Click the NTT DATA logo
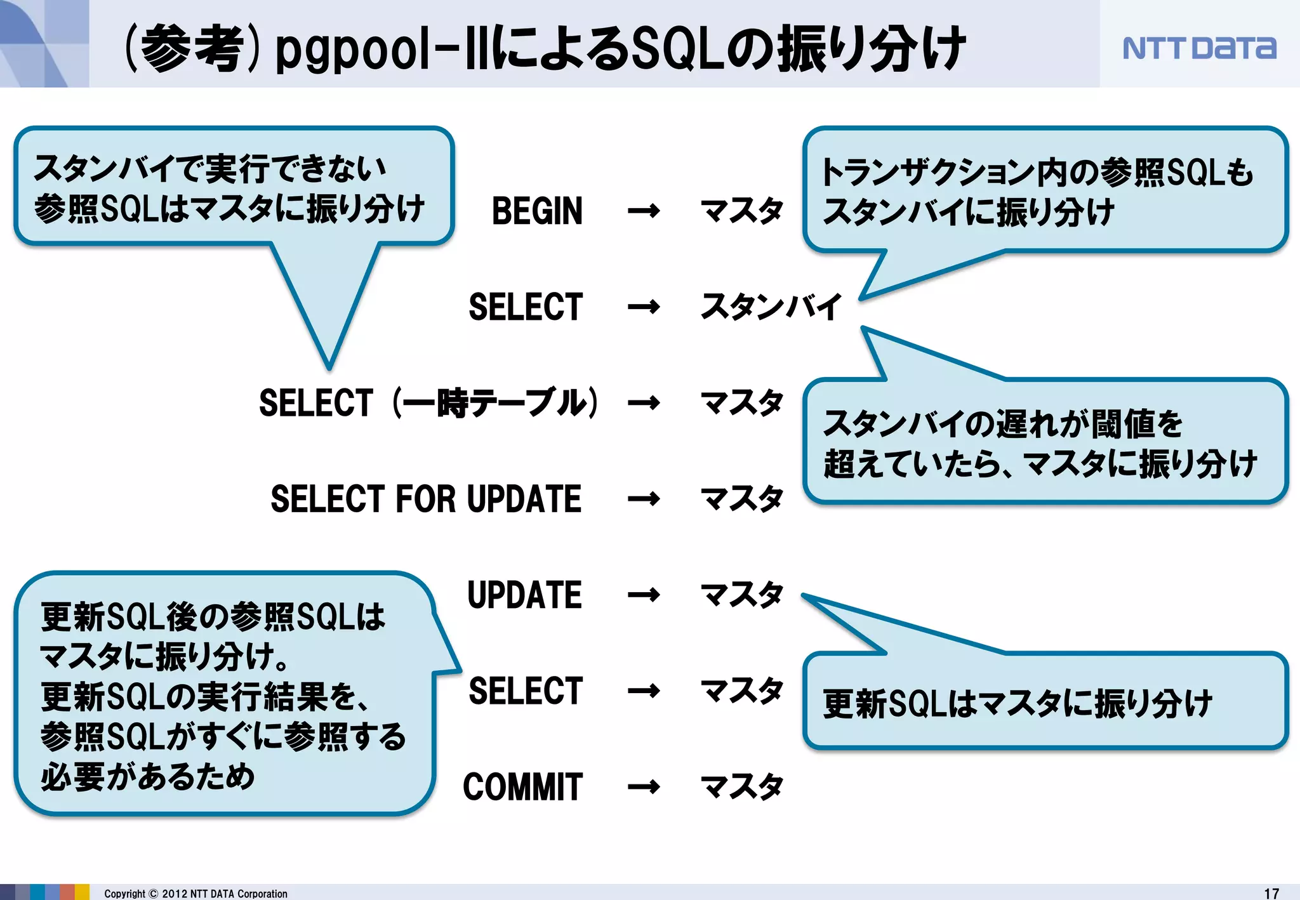tap(1198, 48)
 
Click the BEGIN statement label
tap(537, 211)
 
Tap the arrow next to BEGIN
tap(643, 211)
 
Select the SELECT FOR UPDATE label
tap(426, 499)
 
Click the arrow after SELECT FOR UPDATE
tap(643, 500)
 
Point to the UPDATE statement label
tap(524, 595)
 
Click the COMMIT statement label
tap(522, 788)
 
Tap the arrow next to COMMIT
tap(643, 788)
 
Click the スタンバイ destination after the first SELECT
tap(771, 307)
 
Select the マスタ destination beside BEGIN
tap(741, 211)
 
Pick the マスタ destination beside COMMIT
tap(741, 787)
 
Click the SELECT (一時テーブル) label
tap(428, 403)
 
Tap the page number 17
tap(1271, 893)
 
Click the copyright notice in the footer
tap(196, 894)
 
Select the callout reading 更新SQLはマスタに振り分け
tap(1045, 702)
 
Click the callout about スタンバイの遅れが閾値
tap(1045, 442)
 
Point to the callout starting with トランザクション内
tap(1045, 190)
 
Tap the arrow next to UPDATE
tap(643, 595)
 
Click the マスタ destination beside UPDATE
tap(741, 595)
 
